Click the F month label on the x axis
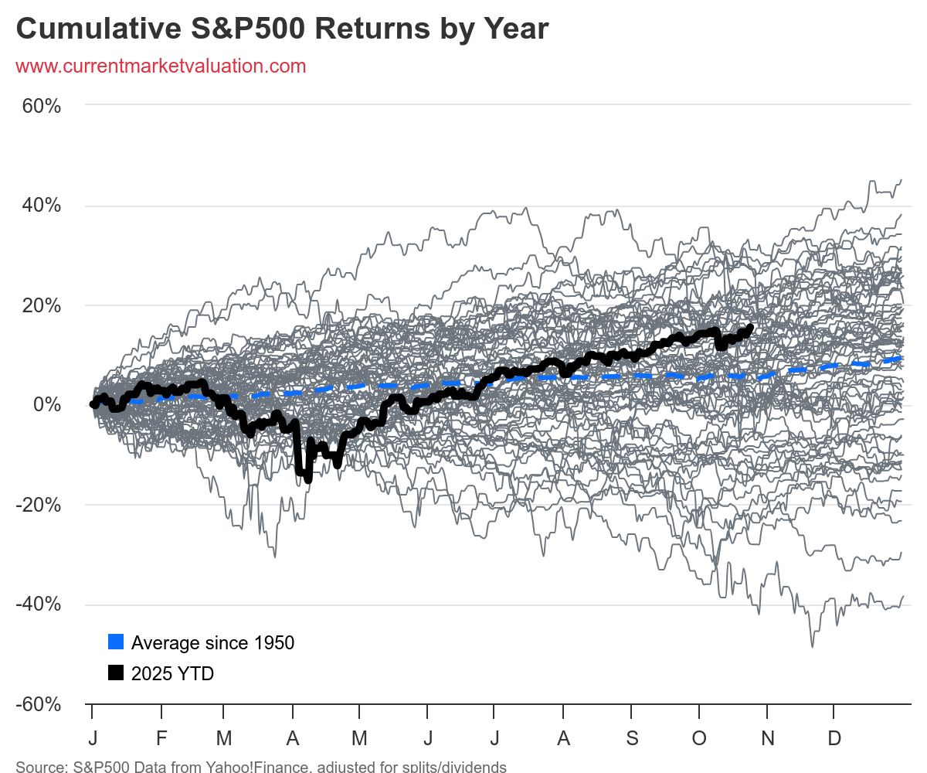coord(161,737)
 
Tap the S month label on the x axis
coord(632,737)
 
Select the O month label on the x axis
coord(699,737)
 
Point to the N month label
coord(767,737)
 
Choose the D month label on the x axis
coord(834,737)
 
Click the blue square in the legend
coord(116,642)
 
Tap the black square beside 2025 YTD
coord(116,673)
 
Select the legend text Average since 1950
coord(212,642)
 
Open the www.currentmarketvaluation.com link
coord(161,66)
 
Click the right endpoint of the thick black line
coord(750,327)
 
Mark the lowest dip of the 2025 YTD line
coord(308,479)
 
